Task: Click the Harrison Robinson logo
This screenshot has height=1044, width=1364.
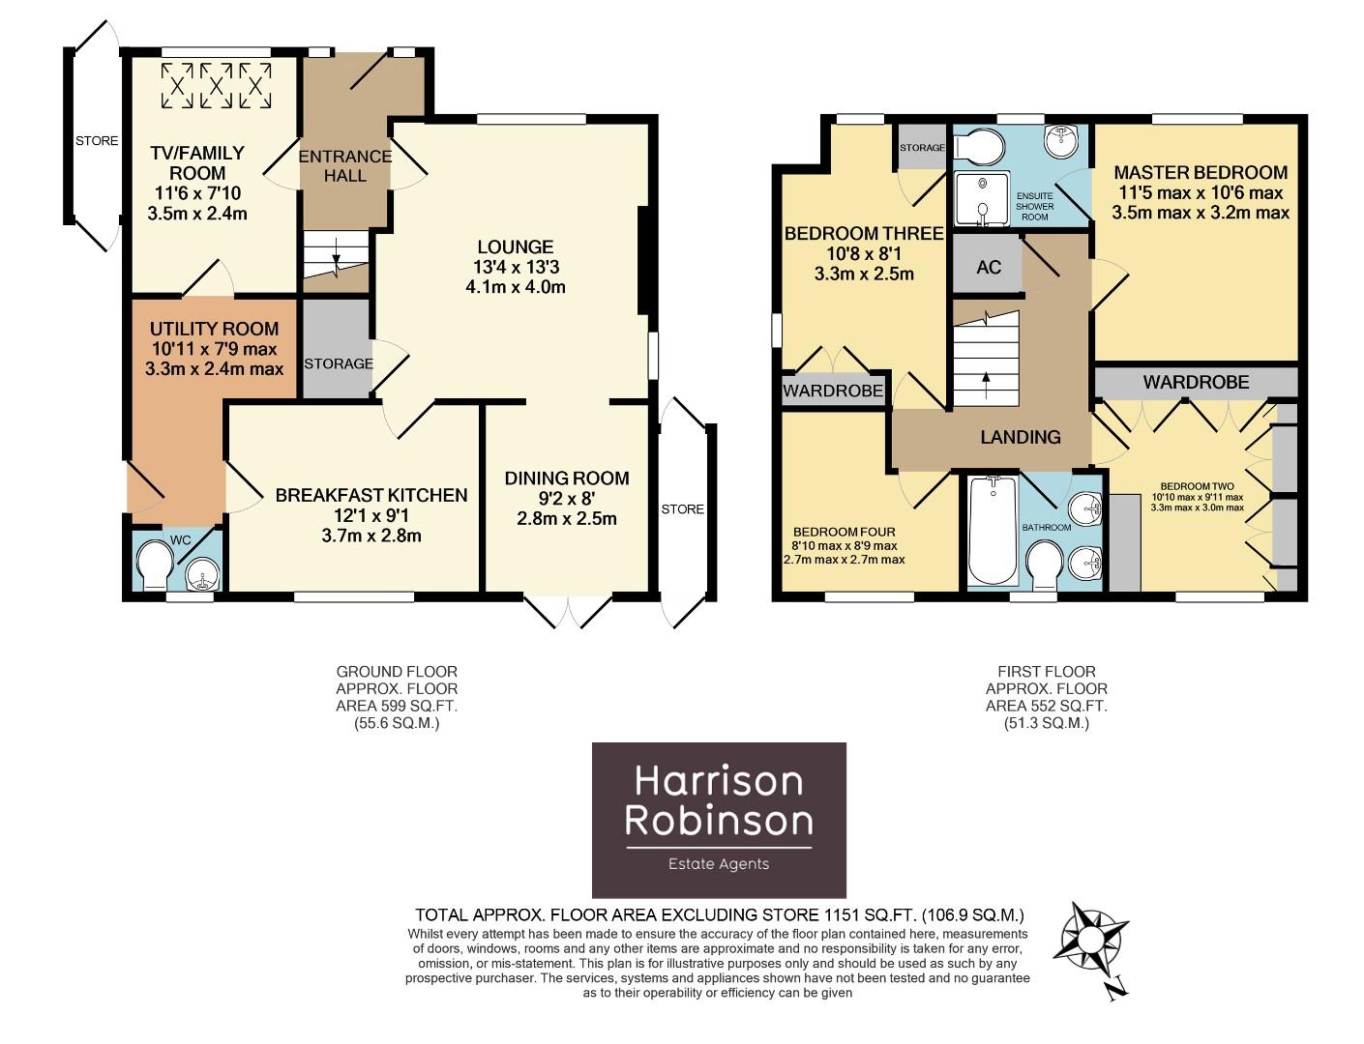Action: coord(718,819)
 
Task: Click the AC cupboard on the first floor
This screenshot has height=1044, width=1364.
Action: coord(988,267)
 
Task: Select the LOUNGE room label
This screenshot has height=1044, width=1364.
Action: coord(514,247)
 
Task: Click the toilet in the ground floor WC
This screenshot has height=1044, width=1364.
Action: coord(153,565)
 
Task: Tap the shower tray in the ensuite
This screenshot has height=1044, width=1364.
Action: coord(982,199)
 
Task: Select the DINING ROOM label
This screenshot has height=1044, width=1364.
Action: coord(566,478)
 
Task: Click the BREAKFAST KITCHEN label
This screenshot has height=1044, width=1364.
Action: coord(371,495)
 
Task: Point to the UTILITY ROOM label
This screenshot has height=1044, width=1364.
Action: coord(214,330)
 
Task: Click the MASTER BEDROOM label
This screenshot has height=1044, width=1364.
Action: coord(1200,173)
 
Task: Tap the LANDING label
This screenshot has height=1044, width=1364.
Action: coord(1020,437)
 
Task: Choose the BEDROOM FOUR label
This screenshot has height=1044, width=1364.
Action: coord(844,532)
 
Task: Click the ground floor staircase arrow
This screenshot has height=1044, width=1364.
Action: coord(336,257)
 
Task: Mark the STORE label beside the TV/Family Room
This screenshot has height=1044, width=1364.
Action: coord(97,141)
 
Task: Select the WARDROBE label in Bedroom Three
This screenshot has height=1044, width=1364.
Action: coord(832,391)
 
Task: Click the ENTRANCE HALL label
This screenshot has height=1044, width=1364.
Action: coord(345,165)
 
